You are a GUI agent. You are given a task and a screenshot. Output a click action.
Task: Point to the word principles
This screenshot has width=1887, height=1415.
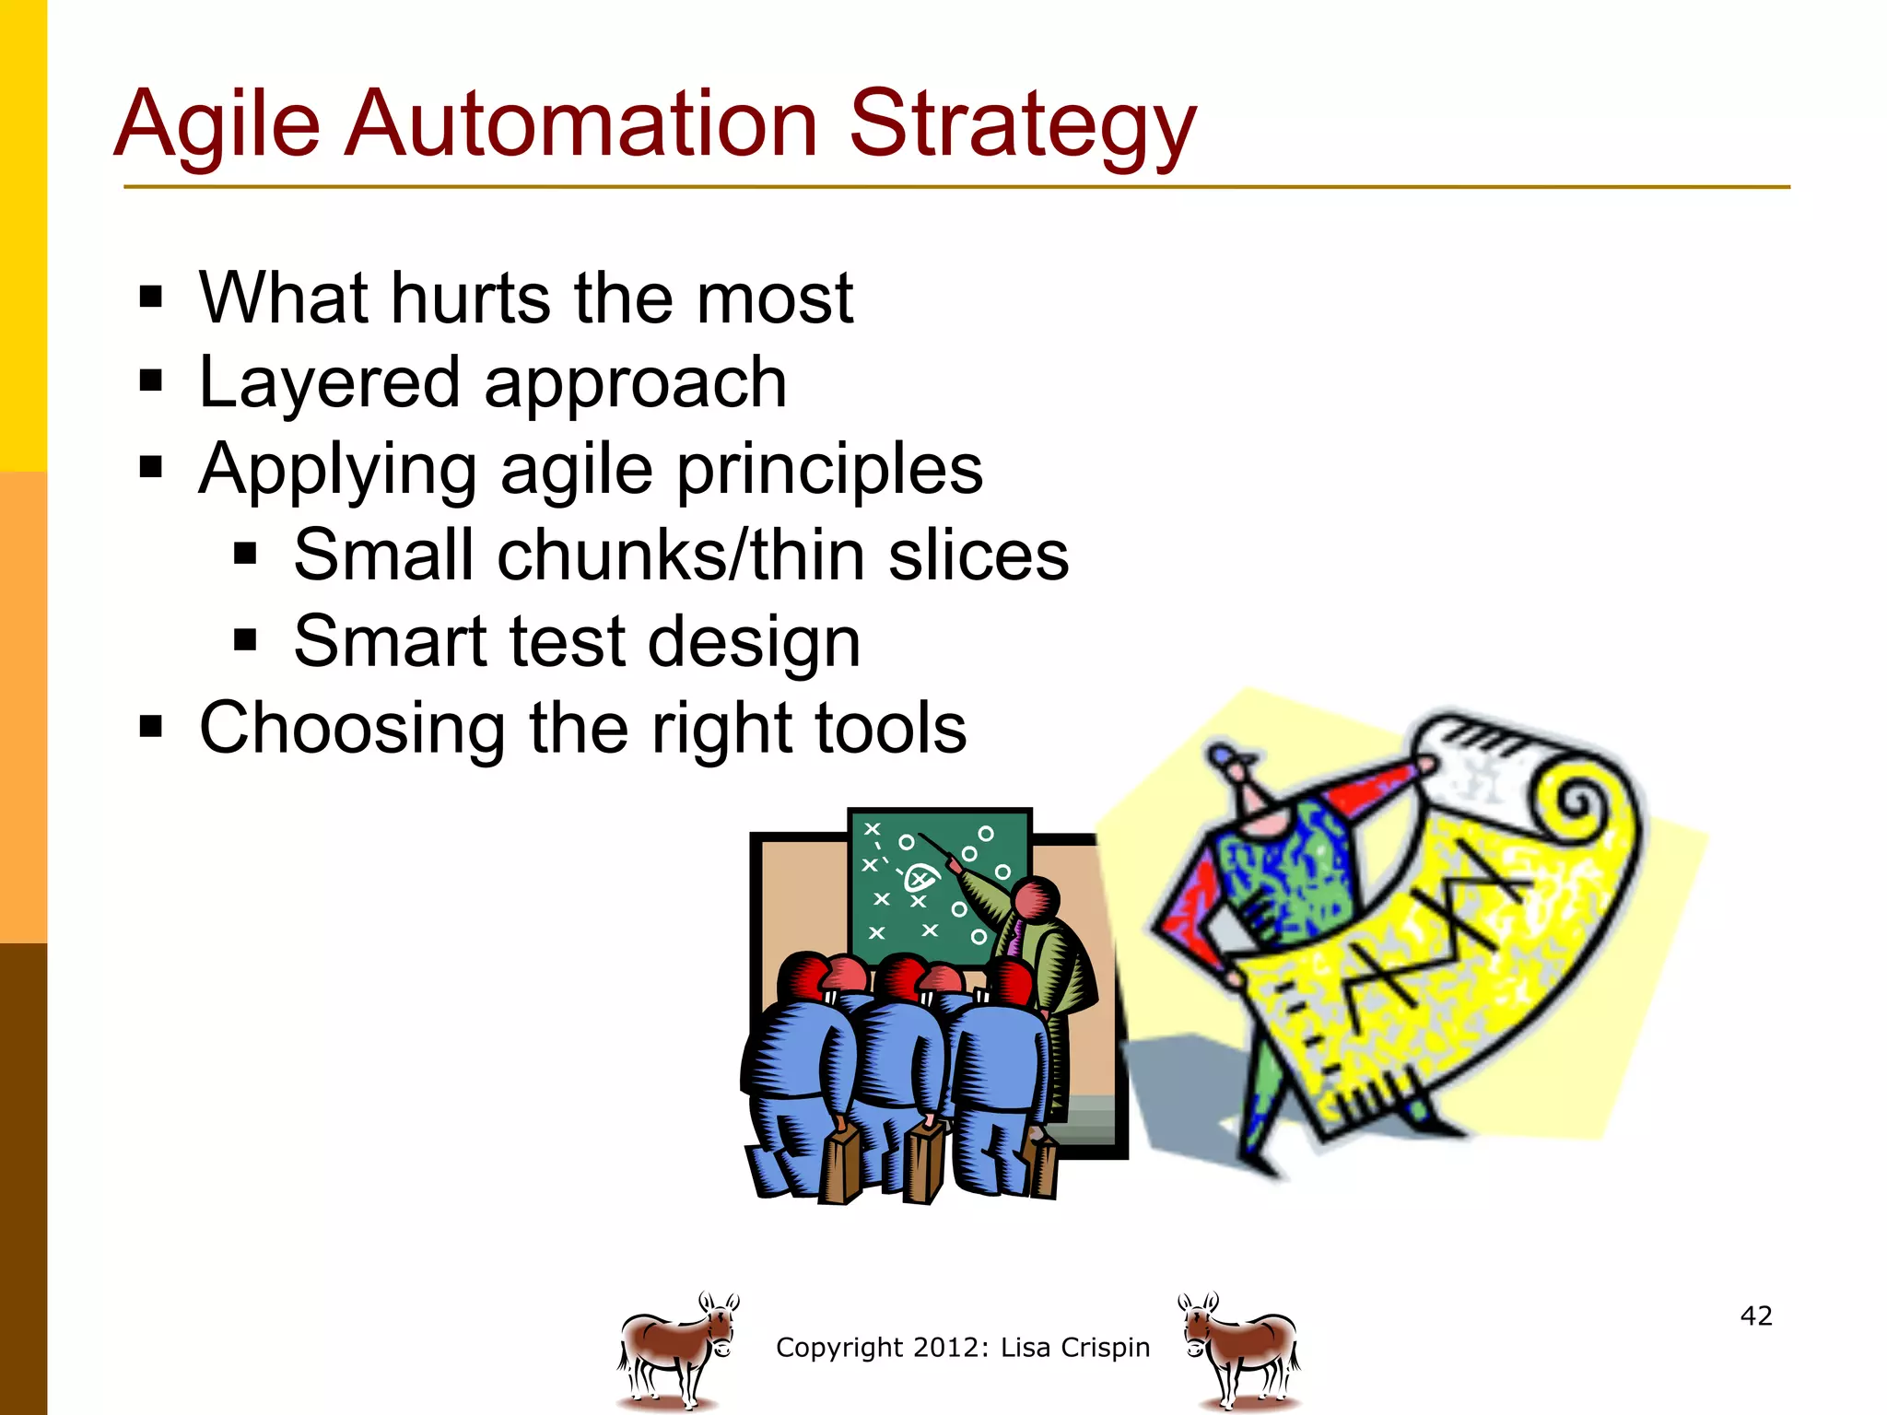(829, 470)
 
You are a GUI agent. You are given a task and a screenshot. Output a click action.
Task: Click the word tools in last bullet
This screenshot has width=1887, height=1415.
(884, 728)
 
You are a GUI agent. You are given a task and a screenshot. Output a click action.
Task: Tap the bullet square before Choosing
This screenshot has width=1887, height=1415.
(151, 728)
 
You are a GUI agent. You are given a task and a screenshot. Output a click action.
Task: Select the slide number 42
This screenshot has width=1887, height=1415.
(1756, 1316)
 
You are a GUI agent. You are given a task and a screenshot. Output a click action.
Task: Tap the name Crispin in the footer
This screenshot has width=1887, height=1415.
(1105, 1348)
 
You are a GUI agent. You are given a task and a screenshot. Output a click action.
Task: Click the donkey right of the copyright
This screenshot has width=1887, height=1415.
(1240, 1350)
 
